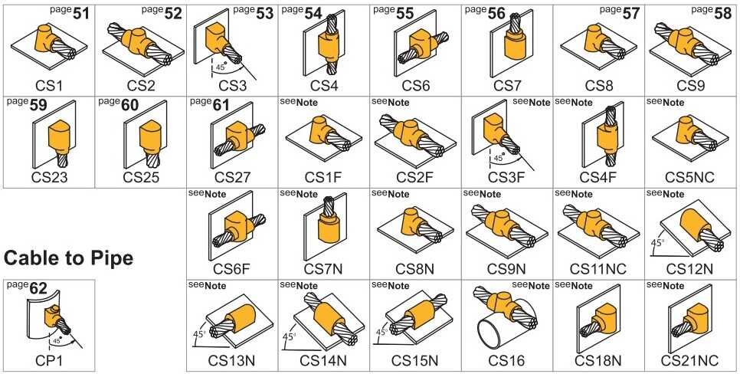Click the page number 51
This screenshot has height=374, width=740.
point(81,13)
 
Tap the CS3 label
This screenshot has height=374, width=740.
point(233,86)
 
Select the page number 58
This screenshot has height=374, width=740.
point(723,13)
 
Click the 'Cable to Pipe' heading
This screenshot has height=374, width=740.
point(68,258)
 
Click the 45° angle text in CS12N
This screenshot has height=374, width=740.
point(658,243)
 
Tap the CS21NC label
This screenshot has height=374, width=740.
point(689,361)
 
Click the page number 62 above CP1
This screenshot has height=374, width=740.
point(38,288)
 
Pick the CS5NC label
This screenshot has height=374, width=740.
point(689,178)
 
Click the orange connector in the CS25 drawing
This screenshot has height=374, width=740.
point(151,137)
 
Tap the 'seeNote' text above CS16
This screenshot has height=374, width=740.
point(531,285)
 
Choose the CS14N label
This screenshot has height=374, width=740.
point(323,361)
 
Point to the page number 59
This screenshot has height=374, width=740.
point(38,105)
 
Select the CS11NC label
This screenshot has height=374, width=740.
point(598,269)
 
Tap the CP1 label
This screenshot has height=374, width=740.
point(49,361)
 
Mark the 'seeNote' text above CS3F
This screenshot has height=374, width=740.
point(531,102)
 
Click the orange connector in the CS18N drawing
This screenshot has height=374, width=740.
point(603,317)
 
